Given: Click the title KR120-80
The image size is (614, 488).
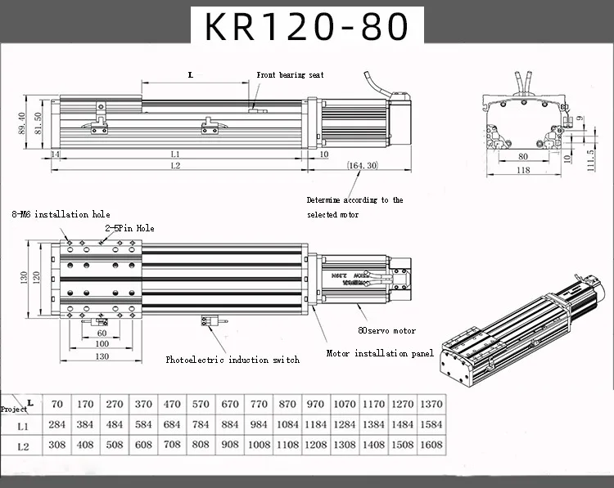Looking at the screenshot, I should tap(307, 26).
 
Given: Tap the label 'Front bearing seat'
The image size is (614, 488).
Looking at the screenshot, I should tap(291, 74).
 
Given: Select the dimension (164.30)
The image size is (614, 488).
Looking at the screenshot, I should tap(361, 165).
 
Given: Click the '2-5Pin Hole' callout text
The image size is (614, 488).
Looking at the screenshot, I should tap(129, 228).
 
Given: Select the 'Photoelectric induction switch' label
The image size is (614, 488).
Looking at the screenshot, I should tap(233, 360).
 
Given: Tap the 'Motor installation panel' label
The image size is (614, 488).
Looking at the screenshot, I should tap(380, 353).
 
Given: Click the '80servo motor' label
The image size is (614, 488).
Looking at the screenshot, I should tap(387, 330).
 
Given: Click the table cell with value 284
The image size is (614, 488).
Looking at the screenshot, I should tap(56, 425).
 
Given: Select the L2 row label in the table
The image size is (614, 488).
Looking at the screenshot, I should tap(23, 445).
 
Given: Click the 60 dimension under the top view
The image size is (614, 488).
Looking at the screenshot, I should tap(102, 333).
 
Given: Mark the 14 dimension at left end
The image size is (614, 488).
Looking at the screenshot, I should tap(54, 154).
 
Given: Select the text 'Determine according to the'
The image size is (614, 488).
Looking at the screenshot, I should tap(354, 199).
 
